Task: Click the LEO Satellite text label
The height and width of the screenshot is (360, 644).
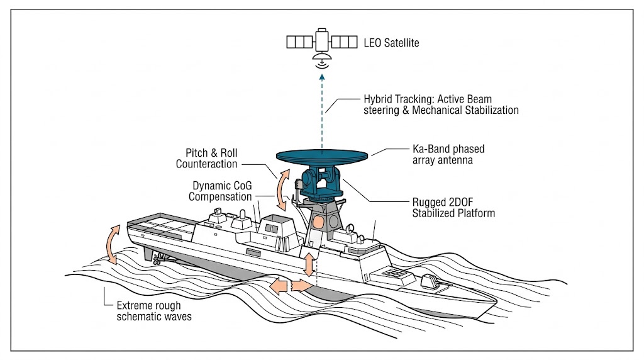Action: pos(391,43)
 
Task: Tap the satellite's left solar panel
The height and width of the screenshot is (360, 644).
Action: pos(301,42)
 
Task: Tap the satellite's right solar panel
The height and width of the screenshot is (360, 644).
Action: pos(344,42)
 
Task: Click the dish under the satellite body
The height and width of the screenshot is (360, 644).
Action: pos(322,62)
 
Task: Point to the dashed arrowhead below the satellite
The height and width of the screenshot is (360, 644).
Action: pos(322,77)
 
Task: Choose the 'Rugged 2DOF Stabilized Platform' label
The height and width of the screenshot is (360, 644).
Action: pos(453,208)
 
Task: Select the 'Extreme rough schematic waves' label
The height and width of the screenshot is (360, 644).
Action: pos(153,310)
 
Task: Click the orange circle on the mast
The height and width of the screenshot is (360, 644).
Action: pos(318,222)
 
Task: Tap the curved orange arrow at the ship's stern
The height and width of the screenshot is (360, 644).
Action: pos(112,244)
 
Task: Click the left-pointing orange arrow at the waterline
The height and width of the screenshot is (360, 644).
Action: pos(280,286)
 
